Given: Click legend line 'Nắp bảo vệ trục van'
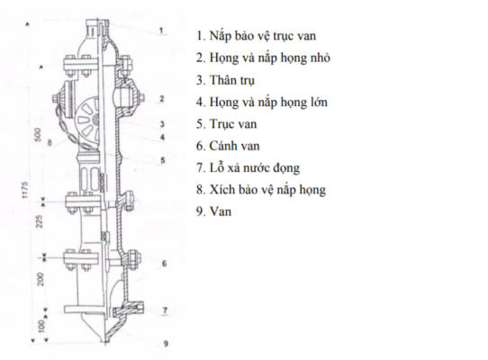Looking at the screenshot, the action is point(256,36).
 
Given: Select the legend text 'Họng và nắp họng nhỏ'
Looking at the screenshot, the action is point(263,58).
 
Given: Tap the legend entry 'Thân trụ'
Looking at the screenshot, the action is point(225,80).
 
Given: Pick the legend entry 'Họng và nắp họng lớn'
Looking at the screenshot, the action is point(262,103).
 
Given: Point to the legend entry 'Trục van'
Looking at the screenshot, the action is point(227,124).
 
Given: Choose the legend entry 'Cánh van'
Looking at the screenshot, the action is point(228,146).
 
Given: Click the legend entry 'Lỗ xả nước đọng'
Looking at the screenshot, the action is point(248,168).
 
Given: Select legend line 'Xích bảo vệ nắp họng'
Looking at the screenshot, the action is point(261,190).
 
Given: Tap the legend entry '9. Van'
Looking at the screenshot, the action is point(213,211).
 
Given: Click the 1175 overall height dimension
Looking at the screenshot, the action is point(25,190).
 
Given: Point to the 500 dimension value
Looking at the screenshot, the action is point(38,135).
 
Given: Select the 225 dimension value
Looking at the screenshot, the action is point(40,221).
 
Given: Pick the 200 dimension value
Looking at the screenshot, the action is point(41,279).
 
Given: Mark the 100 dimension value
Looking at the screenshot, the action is point(41,326).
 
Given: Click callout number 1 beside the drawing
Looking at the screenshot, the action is point(161,31).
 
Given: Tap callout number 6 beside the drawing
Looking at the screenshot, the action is point(164,264).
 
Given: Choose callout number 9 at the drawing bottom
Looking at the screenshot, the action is point(166,344).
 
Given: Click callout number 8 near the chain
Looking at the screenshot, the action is point(50,143).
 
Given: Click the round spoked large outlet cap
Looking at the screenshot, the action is point(87,120).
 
